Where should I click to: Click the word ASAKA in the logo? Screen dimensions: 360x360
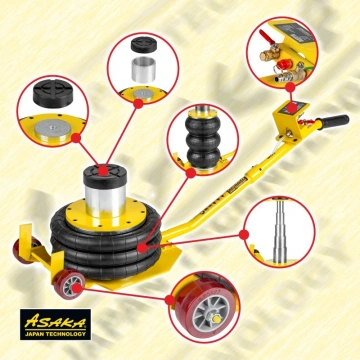[x=55, y=321]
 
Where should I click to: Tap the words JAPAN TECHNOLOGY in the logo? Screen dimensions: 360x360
[x=55, y=334]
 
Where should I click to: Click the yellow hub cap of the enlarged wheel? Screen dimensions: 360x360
[x=217, y=319]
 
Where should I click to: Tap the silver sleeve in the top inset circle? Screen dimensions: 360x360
[x=143, y=69]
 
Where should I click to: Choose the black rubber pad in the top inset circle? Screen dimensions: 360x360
[x=144, y=44]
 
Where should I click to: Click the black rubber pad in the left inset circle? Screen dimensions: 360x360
[x=53, y=93]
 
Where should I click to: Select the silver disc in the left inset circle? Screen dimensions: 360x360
[x=53, y=129]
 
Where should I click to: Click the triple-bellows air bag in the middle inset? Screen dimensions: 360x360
[x=203, y=141]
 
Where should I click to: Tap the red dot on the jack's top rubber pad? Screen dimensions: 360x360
[x=104, y=171]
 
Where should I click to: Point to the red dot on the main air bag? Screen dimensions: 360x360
[x=142, y=248]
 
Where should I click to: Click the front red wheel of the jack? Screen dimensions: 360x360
[x=69, y=284]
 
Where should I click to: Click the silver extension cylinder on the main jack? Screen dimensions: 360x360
[x=105, y=200]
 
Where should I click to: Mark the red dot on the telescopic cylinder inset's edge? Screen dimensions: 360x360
[x=244, y=235]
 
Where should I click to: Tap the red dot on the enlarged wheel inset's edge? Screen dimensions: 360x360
[x=170, y=300]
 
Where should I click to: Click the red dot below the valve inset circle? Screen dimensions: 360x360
[x=290, y=87]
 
